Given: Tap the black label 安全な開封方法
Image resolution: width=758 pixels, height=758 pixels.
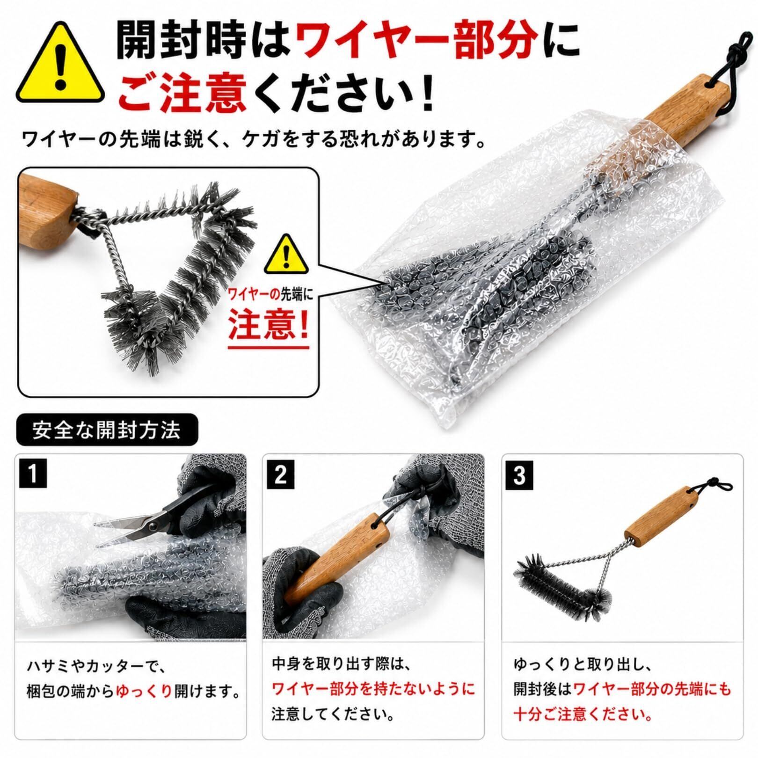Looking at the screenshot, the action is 107,430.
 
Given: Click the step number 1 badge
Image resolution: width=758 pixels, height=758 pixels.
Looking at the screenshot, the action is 32,474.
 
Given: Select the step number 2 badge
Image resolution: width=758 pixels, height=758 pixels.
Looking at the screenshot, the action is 280,474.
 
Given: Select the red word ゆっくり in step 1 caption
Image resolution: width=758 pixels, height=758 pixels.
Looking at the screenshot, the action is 144,690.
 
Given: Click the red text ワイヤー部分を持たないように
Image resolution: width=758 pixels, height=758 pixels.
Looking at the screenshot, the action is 373,689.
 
